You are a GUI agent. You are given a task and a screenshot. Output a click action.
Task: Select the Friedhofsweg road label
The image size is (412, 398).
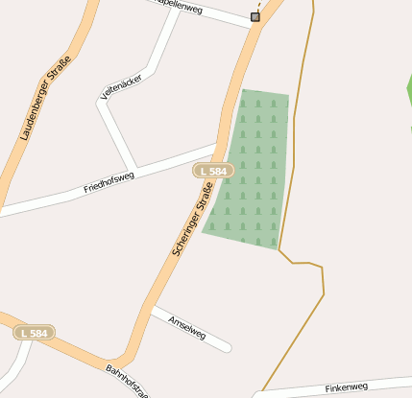[x=109, y=181]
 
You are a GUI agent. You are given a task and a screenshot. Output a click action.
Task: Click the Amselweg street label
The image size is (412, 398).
[x=186, y=328]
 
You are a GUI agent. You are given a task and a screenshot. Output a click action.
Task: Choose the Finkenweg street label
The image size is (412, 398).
[x=346, y=387]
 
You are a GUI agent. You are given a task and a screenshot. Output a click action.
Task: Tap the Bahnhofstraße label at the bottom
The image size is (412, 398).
[x=128, y=380]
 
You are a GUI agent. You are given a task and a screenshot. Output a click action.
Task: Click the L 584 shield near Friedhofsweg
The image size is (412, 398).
[x=213, y=171]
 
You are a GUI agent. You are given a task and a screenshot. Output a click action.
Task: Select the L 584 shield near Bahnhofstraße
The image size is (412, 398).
[x=34, y=333]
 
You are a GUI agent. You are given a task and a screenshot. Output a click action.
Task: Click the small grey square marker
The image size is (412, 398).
[x=255, y=16]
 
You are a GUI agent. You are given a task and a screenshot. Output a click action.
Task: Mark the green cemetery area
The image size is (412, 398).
[x=252, y=173]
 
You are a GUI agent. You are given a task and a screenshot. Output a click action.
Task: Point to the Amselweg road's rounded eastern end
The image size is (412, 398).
[x=227, y=346]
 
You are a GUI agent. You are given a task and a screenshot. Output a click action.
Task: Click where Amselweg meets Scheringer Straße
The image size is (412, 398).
[x=153, y=310]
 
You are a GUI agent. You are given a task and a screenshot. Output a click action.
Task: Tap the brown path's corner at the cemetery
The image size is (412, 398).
[x=280, y=250]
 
